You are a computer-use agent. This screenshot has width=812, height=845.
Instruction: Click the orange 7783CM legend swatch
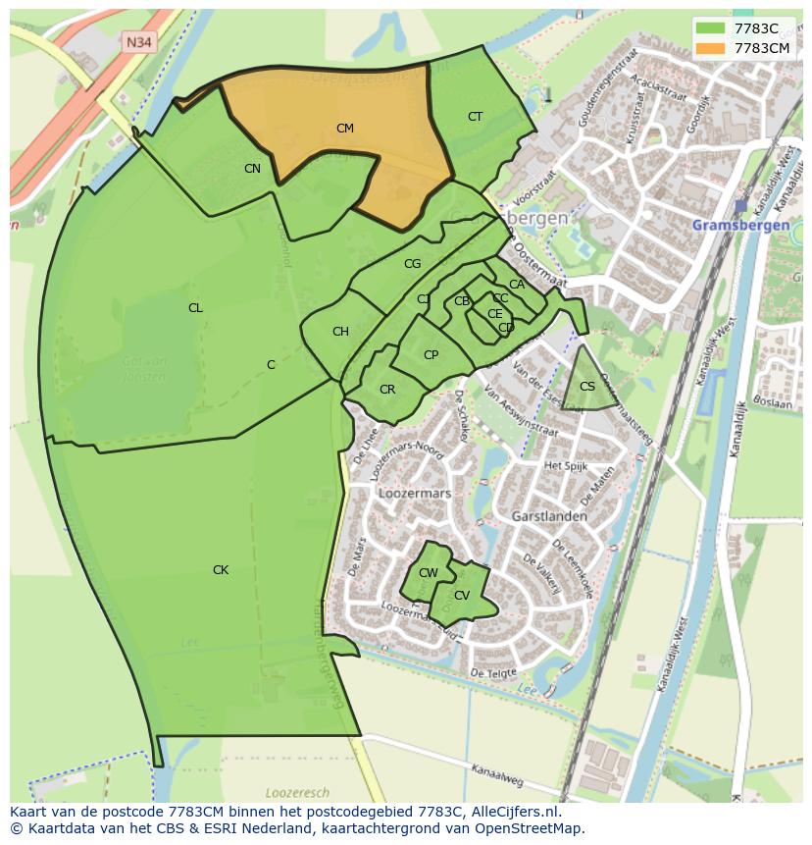(711, 48)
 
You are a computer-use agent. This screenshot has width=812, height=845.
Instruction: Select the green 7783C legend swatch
(711, 28)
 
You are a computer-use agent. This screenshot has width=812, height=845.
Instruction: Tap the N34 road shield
(138, 41)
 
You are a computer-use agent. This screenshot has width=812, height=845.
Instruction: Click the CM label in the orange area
(344, 129)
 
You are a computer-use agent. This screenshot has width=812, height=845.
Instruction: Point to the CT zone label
(475, 117)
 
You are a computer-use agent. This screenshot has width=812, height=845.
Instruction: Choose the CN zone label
(252, 169)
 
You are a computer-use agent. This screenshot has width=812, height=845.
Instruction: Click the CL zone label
(195, 308)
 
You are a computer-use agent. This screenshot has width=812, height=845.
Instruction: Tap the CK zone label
(221, 570)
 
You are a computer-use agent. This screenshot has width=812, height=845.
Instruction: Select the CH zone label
(340, 332)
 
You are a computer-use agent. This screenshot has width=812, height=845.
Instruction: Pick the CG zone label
(412, 264)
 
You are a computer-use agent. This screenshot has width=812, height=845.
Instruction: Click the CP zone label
(431, 355)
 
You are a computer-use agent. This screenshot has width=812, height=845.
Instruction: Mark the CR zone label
(387, 390)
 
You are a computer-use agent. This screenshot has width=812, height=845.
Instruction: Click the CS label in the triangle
(587, 387)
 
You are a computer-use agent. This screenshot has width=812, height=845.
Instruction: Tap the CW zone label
(429, 573)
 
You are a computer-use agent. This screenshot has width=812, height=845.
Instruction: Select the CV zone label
(462, 596)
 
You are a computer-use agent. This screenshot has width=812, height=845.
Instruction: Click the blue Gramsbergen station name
(740, 225)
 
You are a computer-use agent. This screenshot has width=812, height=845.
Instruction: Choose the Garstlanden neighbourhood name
(549, 516)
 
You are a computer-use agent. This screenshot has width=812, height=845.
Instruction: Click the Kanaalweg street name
(497, 774)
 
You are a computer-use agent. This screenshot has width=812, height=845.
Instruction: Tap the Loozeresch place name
(295, 791)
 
